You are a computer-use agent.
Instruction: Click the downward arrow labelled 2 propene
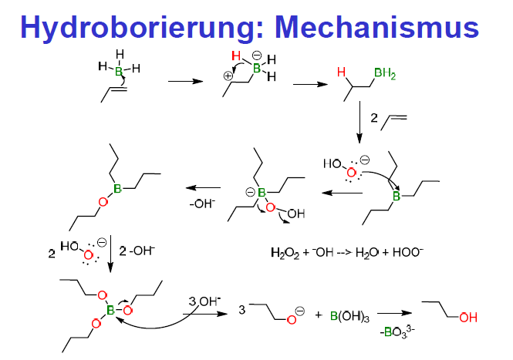(361, 126)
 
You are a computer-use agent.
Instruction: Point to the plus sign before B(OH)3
(319, 315)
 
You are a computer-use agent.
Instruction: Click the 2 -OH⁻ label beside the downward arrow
(139, 251)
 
